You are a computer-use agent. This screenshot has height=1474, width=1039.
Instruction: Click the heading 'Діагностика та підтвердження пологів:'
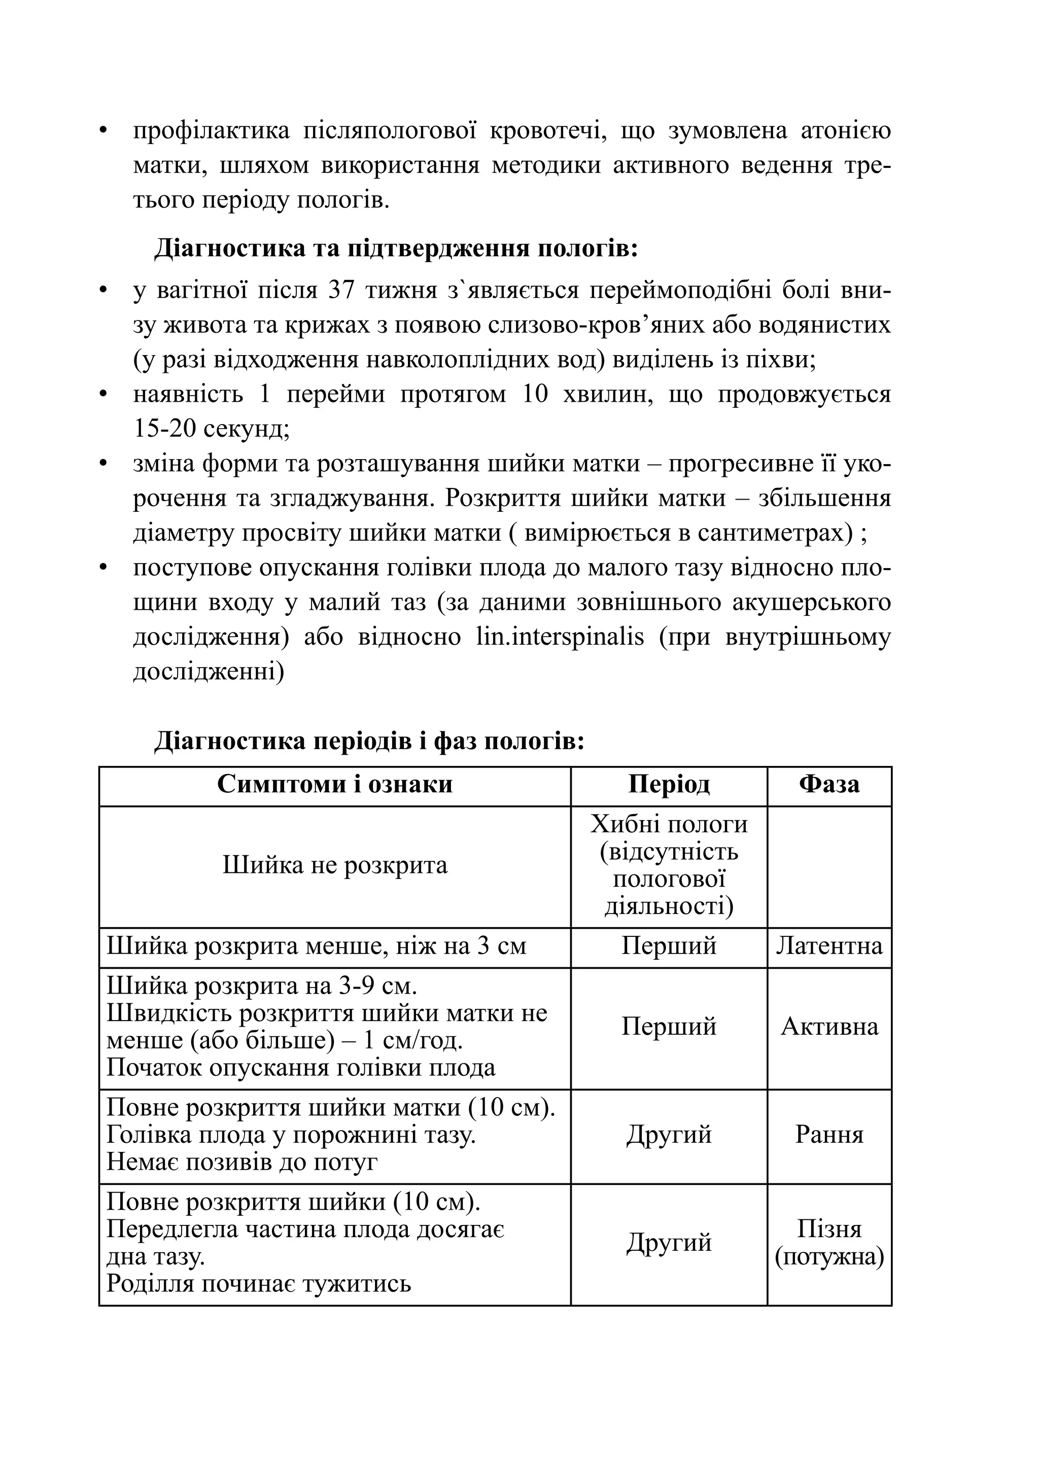(396, 248)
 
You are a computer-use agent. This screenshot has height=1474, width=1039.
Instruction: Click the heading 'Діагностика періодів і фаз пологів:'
(369, 741)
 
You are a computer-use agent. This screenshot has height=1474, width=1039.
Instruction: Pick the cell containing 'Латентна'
(828, 945)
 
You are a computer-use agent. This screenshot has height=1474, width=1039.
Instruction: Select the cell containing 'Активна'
(828, 1027)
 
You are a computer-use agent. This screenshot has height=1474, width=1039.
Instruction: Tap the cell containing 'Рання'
(828, 1134)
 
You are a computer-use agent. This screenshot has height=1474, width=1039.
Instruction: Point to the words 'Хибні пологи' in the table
(669, 824)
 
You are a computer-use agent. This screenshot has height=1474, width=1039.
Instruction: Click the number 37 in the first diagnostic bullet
(341, 290)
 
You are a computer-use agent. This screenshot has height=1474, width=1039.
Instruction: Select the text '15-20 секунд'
(211, 428)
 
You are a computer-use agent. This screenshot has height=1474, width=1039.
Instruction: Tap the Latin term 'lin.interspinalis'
(560, 637)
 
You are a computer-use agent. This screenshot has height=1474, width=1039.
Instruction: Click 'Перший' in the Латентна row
(669, 945)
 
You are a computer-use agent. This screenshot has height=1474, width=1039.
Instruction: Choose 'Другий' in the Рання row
(669, 1134)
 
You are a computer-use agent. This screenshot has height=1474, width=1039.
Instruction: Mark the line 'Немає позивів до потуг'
(241, 1162)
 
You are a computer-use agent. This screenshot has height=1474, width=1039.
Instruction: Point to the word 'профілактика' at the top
(211, 130)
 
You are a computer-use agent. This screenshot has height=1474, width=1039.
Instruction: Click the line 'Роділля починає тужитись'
(258, 1283)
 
